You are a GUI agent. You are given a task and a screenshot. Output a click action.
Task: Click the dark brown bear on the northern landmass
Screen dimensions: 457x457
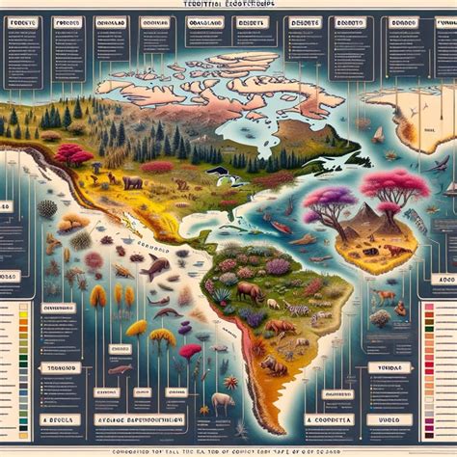click(x=133, y=180)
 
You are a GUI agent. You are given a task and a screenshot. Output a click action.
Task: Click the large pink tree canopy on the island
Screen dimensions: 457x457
click(x=394, y=184)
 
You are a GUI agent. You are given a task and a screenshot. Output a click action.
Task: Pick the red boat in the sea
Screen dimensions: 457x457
click(x=279, y=228)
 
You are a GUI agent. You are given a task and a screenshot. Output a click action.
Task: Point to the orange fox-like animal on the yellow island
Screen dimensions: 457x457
click(x=394, y=252)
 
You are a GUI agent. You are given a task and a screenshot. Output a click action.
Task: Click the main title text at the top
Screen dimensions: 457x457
click(x=228, y=6)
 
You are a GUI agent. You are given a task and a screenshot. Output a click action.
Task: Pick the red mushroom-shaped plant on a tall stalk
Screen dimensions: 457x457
click(x=190, y=351)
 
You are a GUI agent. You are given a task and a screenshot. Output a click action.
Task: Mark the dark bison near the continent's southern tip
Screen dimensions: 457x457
click(x=275, y=366)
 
